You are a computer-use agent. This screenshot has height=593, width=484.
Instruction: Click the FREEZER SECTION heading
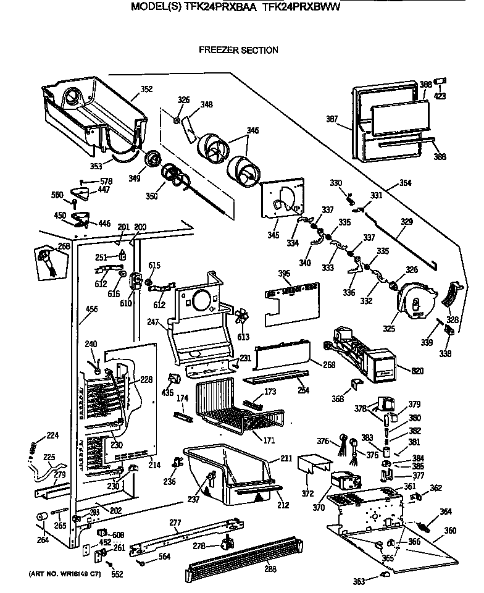point(238,50)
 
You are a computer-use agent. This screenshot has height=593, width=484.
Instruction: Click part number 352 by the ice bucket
point(146,89)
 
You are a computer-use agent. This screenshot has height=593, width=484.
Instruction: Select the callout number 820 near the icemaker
point(401,370)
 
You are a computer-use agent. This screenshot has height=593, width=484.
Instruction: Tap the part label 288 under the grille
point(270,568)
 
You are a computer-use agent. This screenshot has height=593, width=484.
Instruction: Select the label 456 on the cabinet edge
point(91,308)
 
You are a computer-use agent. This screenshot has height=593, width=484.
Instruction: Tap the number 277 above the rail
point(176,523)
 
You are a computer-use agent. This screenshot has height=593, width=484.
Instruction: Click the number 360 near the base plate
point(451,530)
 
